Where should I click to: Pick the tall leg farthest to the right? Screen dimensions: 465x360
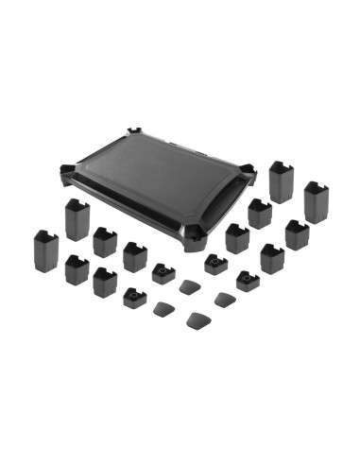[317, 201]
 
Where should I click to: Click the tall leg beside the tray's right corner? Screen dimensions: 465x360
[282, 181]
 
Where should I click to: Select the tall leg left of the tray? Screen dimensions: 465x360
[77, 219]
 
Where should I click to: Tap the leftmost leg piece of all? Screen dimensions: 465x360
[45, 249]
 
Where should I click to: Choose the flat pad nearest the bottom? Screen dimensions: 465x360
[200, 319]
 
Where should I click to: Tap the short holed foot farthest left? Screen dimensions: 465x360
[130, 300]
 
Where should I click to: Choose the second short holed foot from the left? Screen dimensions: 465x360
[162, 273]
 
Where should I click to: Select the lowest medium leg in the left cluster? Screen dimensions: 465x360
[103, 276]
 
